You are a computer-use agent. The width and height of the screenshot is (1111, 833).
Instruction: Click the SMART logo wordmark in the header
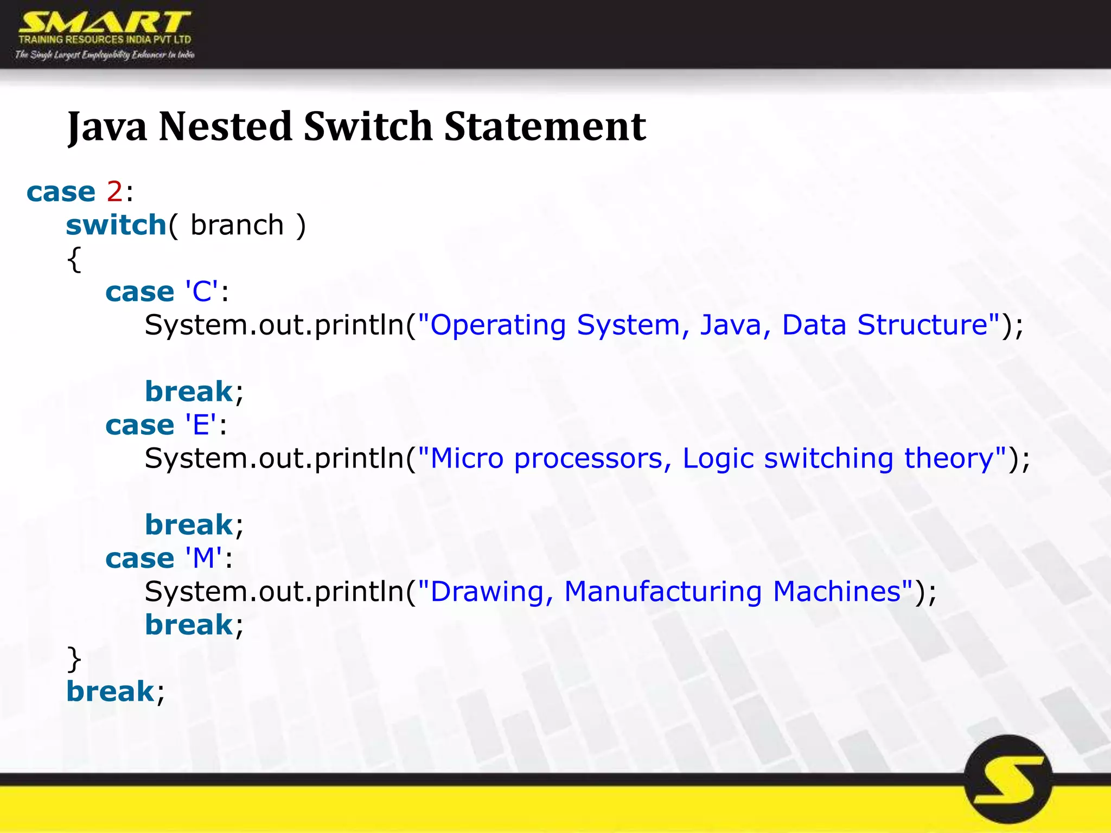[104, 23]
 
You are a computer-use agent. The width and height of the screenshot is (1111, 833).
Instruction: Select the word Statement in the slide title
[545, 126]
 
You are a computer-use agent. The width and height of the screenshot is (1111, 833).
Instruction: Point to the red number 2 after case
[114, 191]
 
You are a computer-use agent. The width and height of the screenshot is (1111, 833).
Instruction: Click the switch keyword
[116, 225]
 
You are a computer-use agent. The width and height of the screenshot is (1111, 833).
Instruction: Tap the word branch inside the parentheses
[237, 225]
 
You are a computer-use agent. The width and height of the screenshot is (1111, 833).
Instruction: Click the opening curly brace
[74, 259]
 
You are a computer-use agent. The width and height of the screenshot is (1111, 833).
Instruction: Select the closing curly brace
[74, 659]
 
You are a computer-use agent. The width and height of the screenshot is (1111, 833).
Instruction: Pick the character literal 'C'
[202, 292]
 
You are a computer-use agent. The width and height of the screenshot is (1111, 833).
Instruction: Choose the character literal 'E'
[201, 425]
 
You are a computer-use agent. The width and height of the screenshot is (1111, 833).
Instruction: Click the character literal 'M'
[203, 558]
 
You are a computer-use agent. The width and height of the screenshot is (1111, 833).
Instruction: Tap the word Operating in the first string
[498, 325]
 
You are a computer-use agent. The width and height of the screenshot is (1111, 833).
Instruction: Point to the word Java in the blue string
[730, 325]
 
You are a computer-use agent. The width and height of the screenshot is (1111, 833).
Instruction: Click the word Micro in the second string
[467, 458]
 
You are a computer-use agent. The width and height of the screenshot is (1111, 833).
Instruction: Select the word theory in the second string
[948, 458]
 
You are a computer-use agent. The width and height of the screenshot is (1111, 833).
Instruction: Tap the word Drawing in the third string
[487, 592]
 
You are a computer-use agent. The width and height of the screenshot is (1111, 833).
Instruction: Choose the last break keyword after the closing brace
[110, 691]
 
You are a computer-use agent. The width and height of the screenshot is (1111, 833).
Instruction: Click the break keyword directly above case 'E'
[189, 392]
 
